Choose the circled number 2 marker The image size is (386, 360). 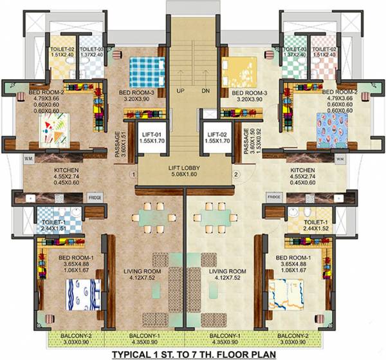point(236,175)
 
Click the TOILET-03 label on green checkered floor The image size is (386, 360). point(293,49)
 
